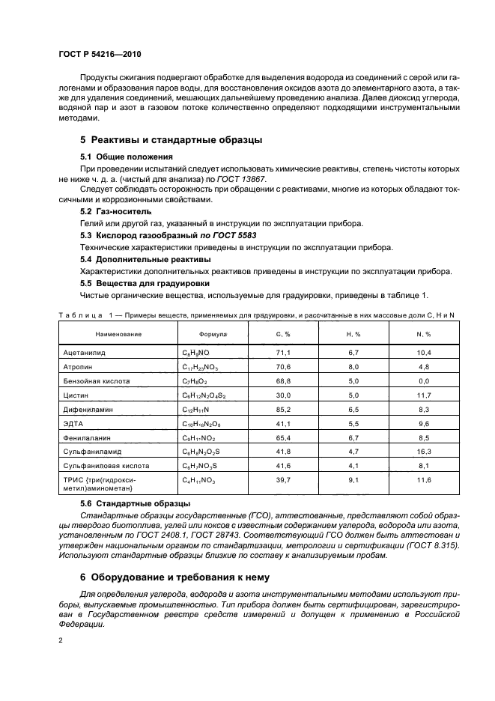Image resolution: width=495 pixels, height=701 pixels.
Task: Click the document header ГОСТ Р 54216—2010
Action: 100,55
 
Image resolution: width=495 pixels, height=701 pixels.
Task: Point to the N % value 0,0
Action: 422,381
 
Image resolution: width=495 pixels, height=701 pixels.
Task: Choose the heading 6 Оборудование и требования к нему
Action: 180,577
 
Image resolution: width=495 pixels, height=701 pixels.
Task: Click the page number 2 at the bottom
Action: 61,641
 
